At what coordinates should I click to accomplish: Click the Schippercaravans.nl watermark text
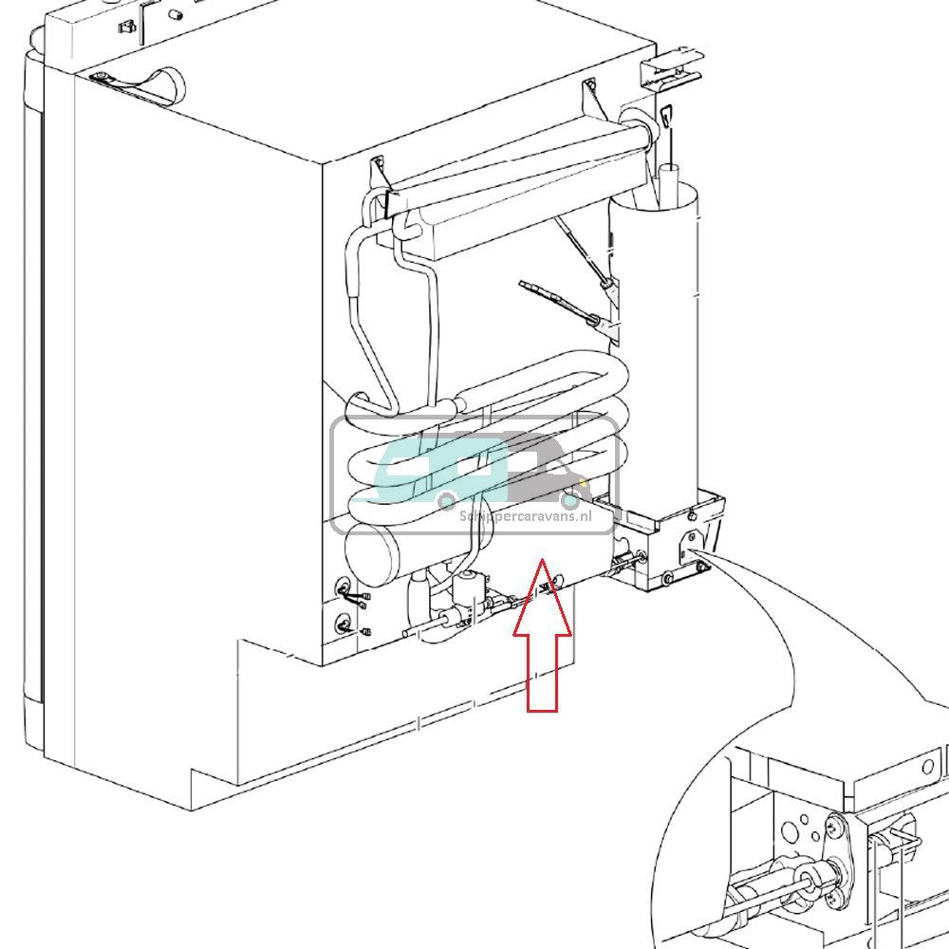pyautogui.click(x=525, y=516)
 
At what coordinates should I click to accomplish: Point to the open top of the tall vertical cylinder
pyautogui.click(x=670, y=174)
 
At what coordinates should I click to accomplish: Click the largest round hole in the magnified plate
pyautogui.click(x=791, y=831)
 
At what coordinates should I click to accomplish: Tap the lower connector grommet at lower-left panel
pyautogui.click(x=343, y=623)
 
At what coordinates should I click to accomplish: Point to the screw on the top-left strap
pyautogui.click(x=99, y=76)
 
